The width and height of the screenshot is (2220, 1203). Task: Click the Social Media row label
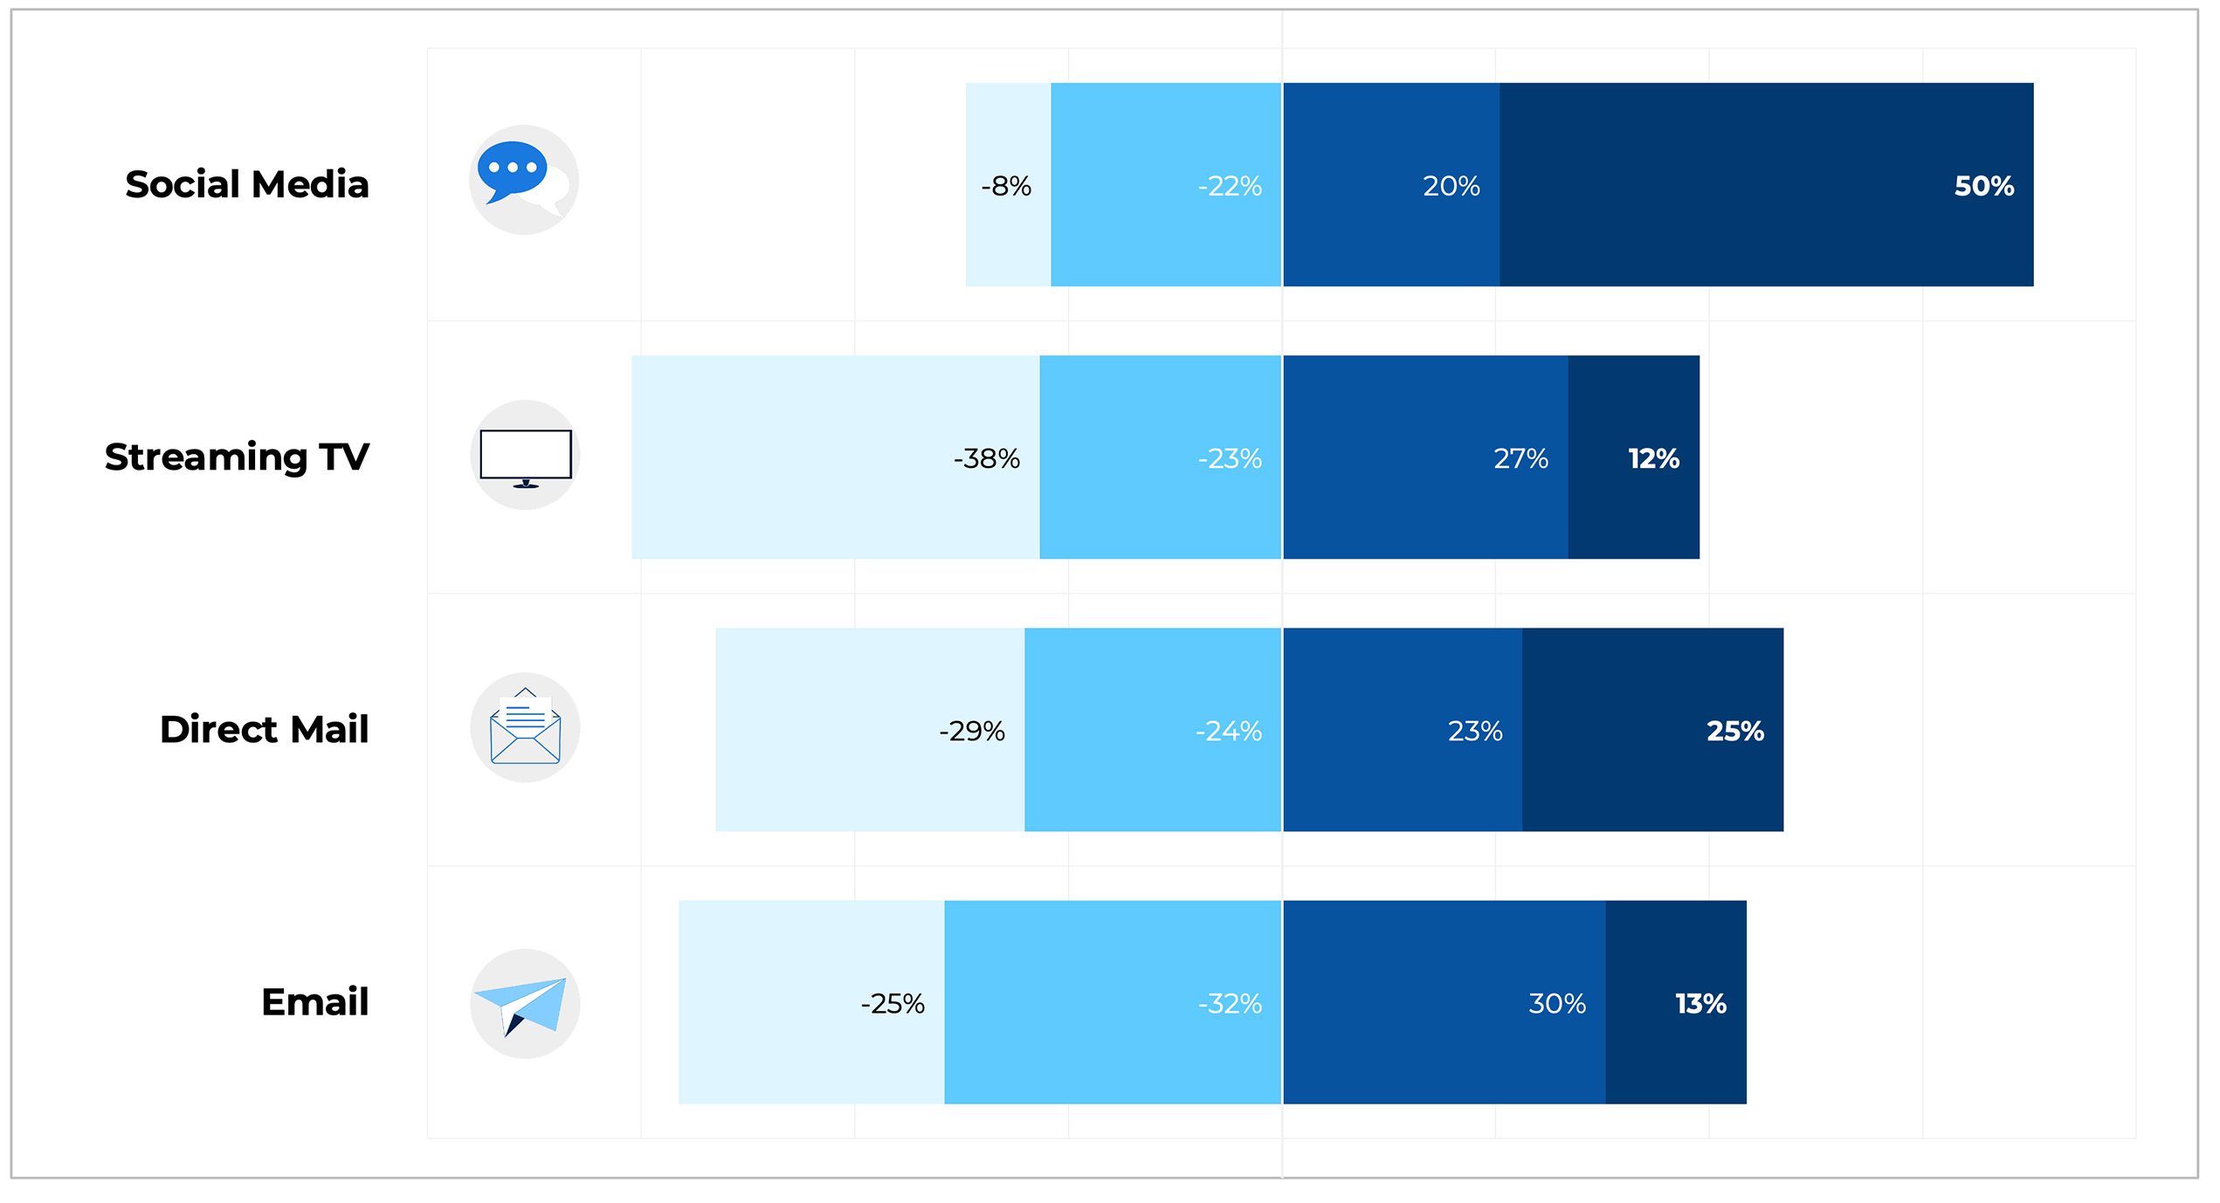247,185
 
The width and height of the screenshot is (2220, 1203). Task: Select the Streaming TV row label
237,457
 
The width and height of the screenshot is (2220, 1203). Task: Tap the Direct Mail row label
264,730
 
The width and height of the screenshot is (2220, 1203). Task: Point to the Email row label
314,1002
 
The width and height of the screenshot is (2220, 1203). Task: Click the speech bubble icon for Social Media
523,180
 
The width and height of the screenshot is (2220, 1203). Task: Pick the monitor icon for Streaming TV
525,456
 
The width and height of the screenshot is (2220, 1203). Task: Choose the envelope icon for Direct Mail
525,728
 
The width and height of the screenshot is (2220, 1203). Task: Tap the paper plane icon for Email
525,1004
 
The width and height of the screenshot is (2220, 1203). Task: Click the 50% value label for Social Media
1983,186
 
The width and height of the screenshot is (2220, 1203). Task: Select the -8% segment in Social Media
1008,185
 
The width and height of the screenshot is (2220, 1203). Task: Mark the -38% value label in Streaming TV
986,458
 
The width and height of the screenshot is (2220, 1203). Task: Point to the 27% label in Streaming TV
1520,458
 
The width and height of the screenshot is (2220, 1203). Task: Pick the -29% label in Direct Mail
971,731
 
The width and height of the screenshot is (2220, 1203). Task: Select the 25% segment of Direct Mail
1652,730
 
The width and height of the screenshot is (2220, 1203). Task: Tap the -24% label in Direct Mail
1228,731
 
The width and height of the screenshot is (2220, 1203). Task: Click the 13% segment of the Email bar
1675,1002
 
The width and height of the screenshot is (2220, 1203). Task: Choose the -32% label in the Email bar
1229,1004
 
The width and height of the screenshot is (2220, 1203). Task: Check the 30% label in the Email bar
1556,1004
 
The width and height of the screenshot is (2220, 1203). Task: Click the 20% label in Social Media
1451,186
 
